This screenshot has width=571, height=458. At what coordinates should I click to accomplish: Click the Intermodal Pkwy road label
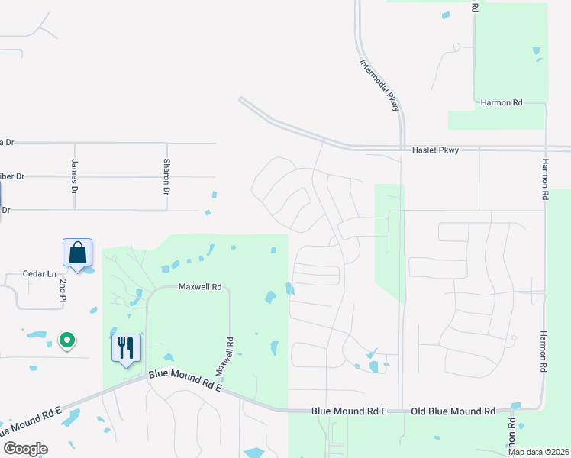[380, 85]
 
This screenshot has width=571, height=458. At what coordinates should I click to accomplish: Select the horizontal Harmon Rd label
[501, 102]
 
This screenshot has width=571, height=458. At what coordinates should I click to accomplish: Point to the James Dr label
[74, 175]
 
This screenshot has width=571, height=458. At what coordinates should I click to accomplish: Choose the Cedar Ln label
[40, 274]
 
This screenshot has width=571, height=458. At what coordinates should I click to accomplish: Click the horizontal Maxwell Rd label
[199, 287]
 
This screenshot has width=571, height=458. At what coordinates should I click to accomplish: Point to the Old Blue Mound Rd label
[453, 411]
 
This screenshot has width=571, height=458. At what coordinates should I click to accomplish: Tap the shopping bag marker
[77, 253]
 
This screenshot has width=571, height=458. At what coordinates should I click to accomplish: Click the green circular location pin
[67, 340]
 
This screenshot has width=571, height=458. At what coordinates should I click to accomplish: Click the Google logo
[25, 449]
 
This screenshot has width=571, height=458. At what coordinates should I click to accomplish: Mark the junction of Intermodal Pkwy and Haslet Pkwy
[402, 147]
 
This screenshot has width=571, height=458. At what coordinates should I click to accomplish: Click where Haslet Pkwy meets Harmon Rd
[546, 148]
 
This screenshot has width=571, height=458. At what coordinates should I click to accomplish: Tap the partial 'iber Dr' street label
[13, 176]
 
